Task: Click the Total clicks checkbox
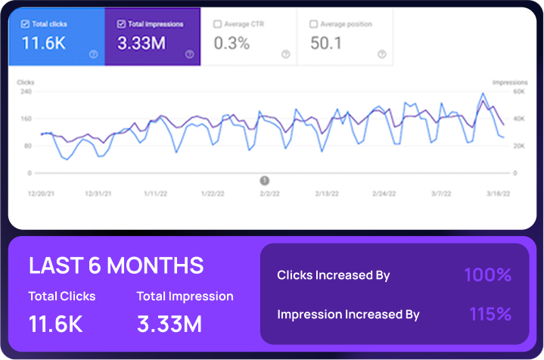tap(26, 24)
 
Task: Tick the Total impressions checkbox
tap(121, 24)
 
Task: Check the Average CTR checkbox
tap(217, 24)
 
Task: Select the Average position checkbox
tap(314, 24)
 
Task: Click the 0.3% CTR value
tap(232, 43)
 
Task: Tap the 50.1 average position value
tap(327, 43)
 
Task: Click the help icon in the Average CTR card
tap(285, 54)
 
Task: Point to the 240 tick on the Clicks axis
tap(26, 92)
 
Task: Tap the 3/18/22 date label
tap(498, 194)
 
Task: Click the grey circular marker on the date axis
tap(265, 181)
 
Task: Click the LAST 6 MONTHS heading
tap(116, 265)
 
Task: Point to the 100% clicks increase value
tap(487, 275)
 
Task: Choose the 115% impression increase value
tap(490, 314)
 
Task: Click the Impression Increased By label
tap(348, 315)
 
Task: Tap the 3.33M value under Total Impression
tap(169, 324)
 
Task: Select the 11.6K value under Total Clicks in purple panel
tap(55, 324)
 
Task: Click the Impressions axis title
tap(509, 82)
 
